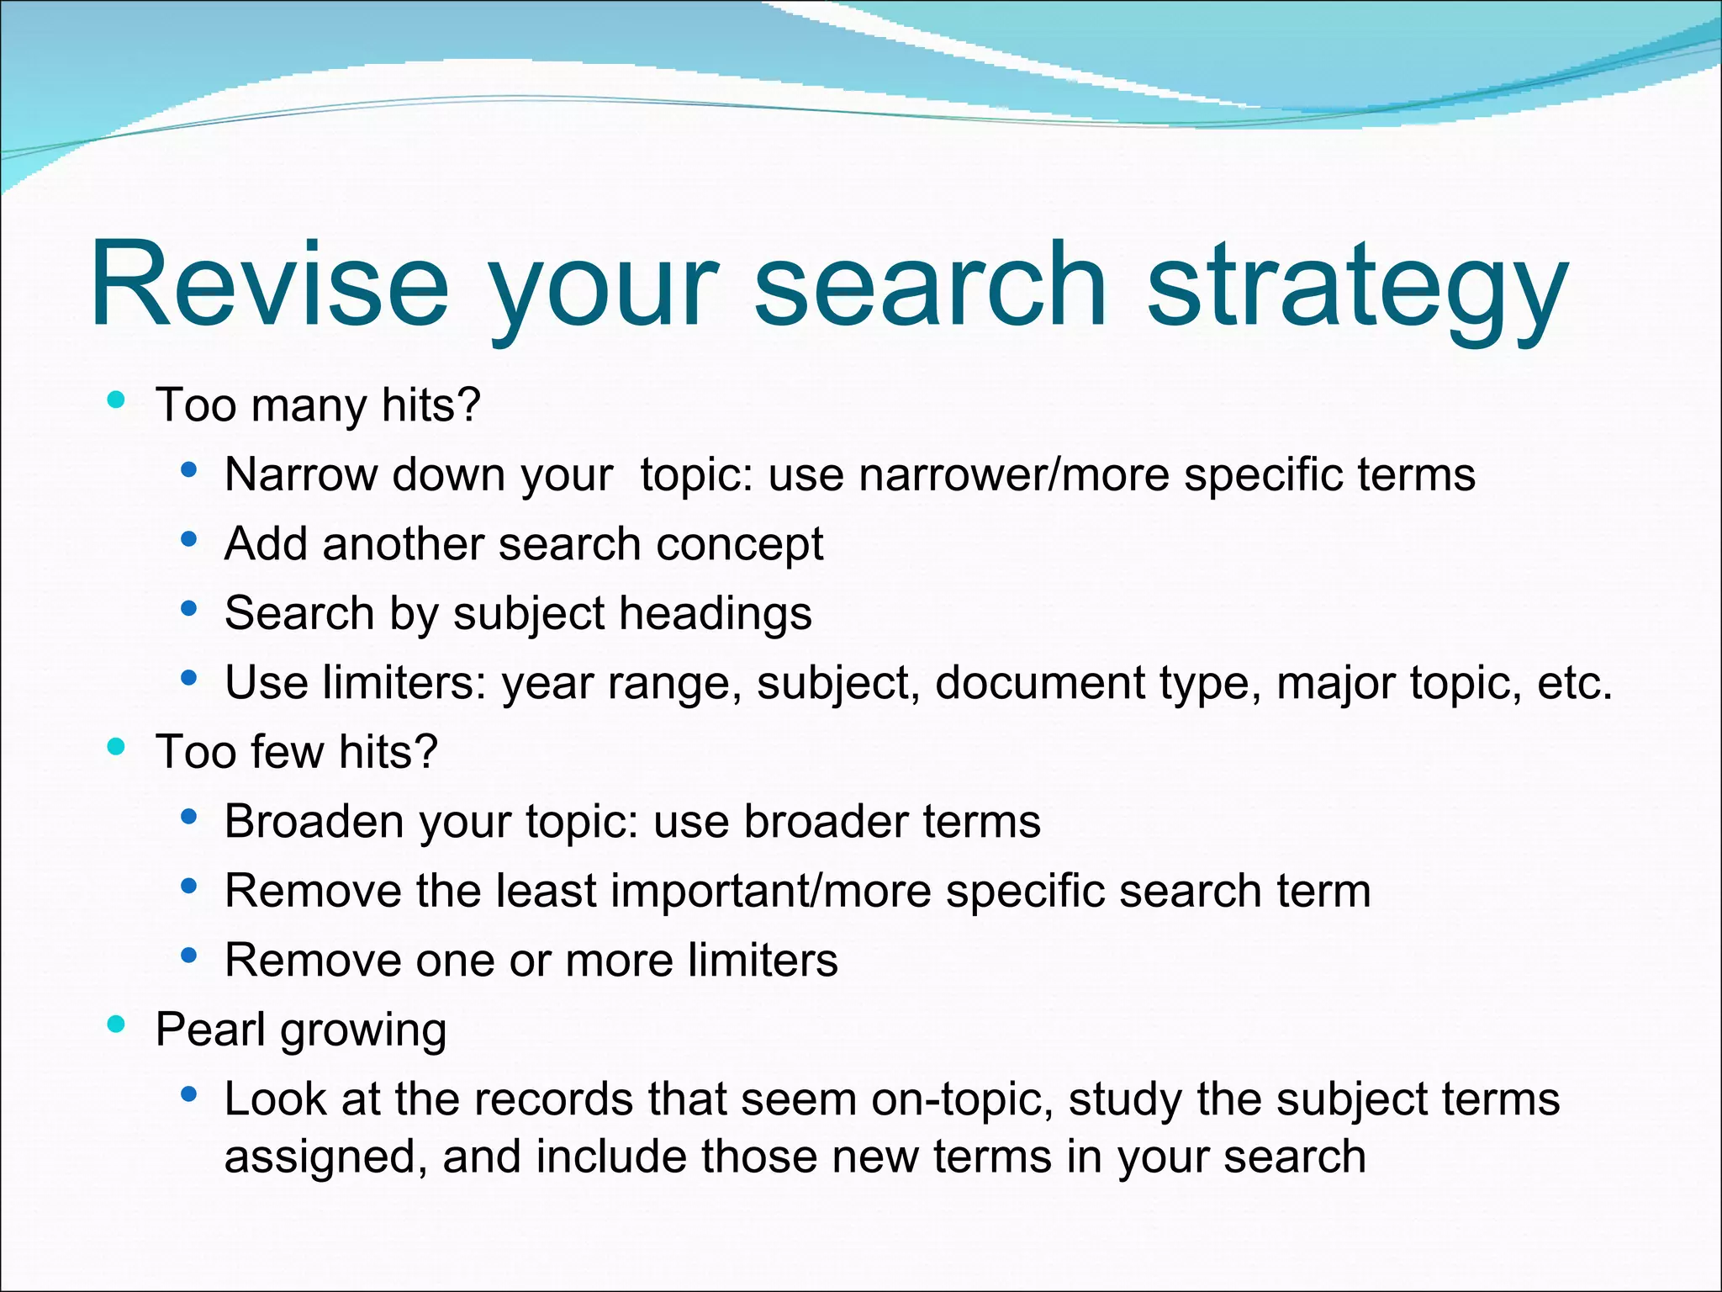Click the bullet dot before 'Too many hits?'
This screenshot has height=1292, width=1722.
click(117, 400)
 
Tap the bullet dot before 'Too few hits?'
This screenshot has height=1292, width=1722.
click(117, 746)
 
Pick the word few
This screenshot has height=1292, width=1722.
click(287, 751)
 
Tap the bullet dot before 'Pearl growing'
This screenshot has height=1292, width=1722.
click(117, 1024)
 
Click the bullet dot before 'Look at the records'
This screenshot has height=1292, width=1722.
click(188, 1094)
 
